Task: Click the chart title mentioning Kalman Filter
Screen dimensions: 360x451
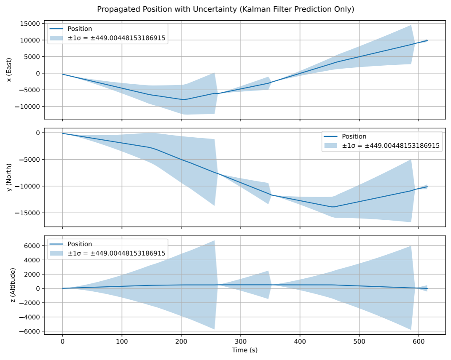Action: pos(225,9)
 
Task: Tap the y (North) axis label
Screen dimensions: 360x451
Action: pos(9,177)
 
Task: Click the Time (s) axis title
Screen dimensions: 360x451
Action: pos(244,350)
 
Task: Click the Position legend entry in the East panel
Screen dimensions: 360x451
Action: pos(80,29)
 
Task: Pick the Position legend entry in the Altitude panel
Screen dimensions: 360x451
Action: pos(80,244)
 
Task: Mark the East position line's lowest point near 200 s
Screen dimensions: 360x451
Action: pos(183,99)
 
